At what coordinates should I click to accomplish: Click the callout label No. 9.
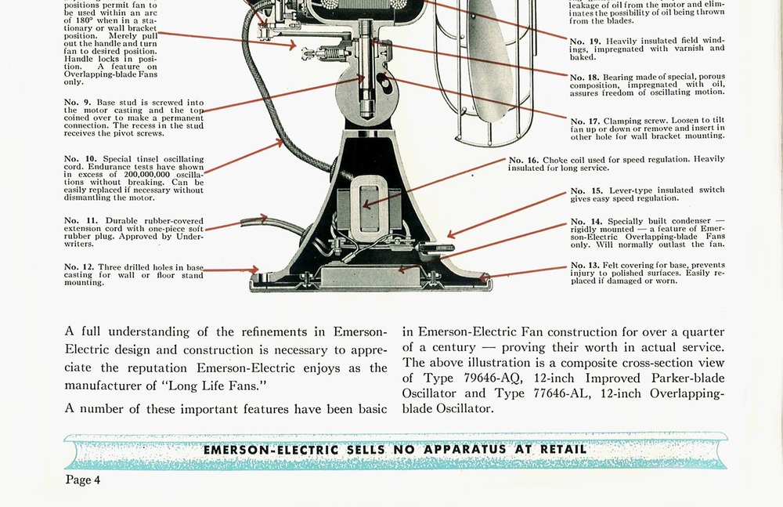(x=78, y=103)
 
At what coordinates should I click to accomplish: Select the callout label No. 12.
(x=79, y=267)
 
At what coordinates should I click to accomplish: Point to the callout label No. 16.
(x=523, y=161)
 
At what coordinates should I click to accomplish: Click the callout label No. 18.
(x=585, y=78)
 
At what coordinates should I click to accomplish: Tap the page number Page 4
(x=83, y=480)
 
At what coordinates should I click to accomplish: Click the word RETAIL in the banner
(x=563, y=449)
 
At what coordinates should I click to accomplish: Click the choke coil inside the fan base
(x=369, y=208)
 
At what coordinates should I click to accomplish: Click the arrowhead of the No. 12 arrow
(x=255, y=270)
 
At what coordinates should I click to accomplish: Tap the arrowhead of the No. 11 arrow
(x=264, y=219)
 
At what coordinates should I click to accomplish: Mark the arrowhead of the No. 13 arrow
(x=484, y=277)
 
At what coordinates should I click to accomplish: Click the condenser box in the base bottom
(x=370, y=276)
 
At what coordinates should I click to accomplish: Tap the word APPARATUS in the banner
(x=465, y=449)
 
